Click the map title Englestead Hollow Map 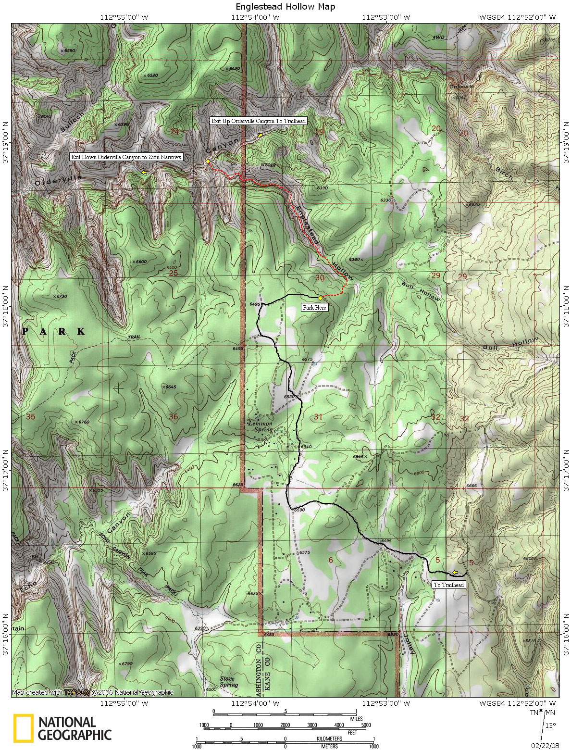(285, 7)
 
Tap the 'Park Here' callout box (314, 307)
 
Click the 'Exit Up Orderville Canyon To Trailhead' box (258, 121)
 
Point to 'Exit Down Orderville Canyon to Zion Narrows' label (126, 157)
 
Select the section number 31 (318, 416)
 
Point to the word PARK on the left (54, 332)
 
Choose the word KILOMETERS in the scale (329, 738)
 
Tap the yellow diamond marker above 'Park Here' (320, 299)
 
